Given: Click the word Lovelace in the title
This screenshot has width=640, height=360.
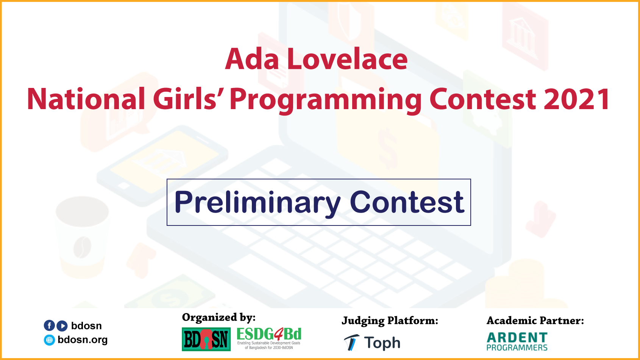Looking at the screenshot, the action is [347, 59].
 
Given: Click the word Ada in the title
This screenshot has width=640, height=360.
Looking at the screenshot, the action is [252, 59].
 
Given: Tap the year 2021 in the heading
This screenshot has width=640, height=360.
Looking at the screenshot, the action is [577, 99].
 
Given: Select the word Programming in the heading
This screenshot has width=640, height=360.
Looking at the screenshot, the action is [325, 100].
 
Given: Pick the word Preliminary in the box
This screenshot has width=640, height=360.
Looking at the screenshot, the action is [258, 203].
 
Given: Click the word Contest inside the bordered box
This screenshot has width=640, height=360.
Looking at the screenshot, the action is [407, 202].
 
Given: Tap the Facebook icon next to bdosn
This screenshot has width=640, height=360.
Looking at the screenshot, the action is [49, 326].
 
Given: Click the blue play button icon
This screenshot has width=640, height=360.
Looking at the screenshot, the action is [62, 326].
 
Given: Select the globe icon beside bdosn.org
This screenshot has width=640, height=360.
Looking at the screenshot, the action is [49, 340].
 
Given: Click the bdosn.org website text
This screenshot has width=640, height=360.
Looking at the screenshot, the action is [83, 340].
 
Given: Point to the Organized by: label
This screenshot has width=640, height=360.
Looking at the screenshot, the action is [219, 318].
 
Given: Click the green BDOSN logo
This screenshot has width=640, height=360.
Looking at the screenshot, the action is [206, 339].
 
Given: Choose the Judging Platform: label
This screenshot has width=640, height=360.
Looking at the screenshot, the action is [390, 321].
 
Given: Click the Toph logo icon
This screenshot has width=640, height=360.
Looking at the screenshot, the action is [351, 343].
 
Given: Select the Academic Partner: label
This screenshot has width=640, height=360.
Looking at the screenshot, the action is [535, 321].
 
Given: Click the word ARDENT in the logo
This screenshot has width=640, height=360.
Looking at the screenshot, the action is [517, 337].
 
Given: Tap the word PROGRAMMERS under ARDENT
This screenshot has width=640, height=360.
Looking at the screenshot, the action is [517, 348].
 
